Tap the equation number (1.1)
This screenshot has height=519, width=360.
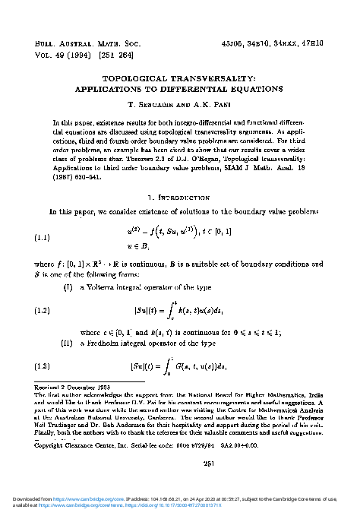click(x=46, y=238)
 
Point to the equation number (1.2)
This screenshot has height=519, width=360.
click(x=46, y=310)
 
